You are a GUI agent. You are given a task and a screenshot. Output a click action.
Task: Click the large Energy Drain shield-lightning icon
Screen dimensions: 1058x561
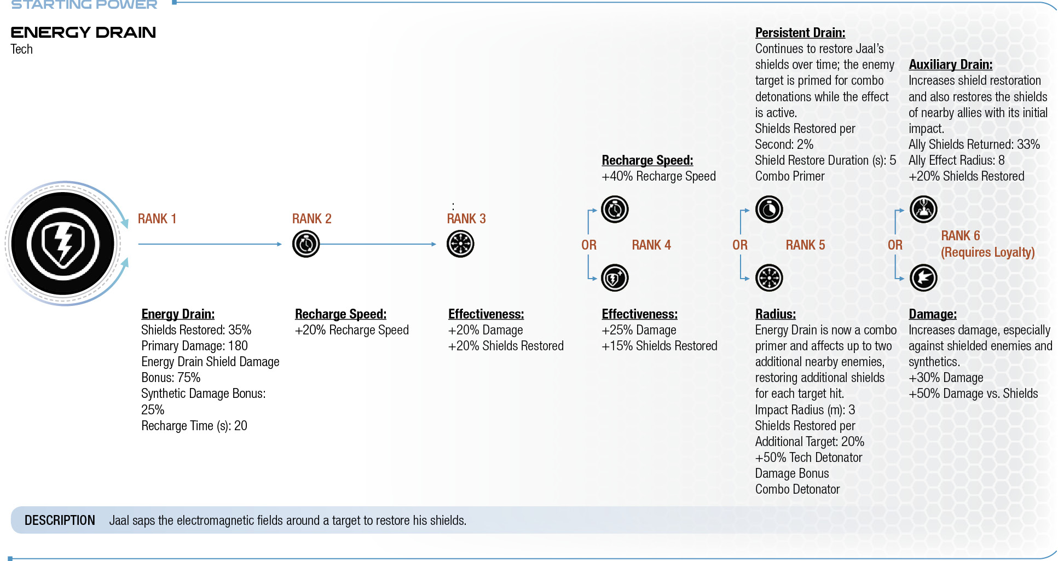(x=63, y=244)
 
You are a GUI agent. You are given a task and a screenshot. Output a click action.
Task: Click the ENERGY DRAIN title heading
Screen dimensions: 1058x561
(x=83, y=32)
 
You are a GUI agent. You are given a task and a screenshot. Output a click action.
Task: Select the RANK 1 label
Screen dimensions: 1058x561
(x=157, y=219)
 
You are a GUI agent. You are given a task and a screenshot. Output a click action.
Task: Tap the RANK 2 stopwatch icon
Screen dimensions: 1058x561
(x=306, y=244)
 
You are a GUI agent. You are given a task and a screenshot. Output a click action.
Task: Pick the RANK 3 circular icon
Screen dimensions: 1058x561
(x=460, y=244)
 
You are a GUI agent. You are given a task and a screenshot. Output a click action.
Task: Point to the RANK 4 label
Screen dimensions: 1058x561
(x=651, y=245)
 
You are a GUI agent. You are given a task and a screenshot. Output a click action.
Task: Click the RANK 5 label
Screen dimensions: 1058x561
(x=805, y=245)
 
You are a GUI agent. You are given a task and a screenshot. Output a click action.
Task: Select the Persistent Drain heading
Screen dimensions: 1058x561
(x=800, y=33)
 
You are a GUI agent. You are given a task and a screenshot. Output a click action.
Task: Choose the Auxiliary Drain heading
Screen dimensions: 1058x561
(x=951, y=65)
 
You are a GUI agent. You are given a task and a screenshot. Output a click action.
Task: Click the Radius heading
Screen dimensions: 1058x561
(x=776, y=314)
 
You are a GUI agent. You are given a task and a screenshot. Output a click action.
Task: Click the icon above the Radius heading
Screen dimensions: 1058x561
(x=769, y=278)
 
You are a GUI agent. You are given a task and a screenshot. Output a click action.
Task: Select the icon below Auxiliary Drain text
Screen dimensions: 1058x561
(x=923, y=209)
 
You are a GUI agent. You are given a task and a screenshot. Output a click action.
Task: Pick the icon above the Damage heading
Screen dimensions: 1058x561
(x=923, y=278)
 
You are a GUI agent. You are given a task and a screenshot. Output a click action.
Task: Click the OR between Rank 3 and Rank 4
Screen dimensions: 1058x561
(x=589, y=245)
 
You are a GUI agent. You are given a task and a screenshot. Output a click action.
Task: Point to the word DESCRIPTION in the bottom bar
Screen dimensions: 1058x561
(x=60, y=520)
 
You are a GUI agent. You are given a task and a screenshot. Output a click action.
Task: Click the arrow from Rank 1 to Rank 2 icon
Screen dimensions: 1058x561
(x=210, y=244)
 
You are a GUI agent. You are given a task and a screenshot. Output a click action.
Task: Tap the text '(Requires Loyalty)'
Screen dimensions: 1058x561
(x=988, y=252)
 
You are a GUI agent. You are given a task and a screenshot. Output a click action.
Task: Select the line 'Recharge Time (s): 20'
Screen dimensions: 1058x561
(x=194, y=426)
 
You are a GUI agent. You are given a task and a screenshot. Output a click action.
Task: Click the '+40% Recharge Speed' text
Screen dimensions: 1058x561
(x=658, y=176)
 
